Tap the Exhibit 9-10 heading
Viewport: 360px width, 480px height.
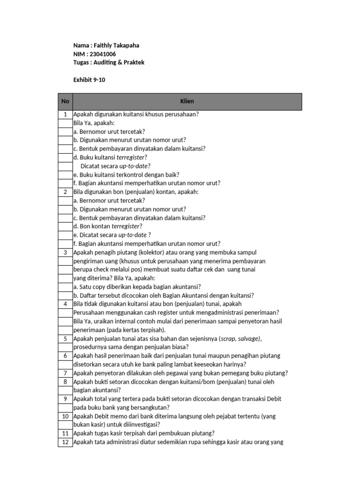tap(89, 80)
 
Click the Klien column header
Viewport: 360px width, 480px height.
tap(187, 101)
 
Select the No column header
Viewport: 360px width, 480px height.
tap(65, 101)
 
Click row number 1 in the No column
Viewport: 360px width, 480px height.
tap(65, 114)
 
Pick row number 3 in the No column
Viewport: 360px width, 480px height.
tap(65, 252)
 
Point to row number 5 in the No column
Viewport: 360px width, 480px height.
tap(65, 338)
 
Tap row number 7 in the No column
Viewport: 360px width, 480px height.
tap(65, 373)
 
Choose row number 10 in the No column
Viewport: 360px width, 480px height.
tap(65, 416)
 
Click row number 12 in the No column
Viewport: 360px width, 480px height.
tap(65, 442)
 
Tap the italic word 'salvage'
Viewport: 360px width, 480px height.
tap(248, 338)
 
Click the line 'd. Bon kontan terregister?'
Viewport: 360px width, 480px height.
tap(108, 226)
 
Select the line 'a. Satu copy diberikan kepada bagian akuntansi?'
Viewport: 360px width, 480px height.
tap(137, 286)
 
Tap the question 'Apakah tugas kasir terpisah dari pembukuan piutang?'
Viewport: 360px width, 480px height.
tap(144, 433)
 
